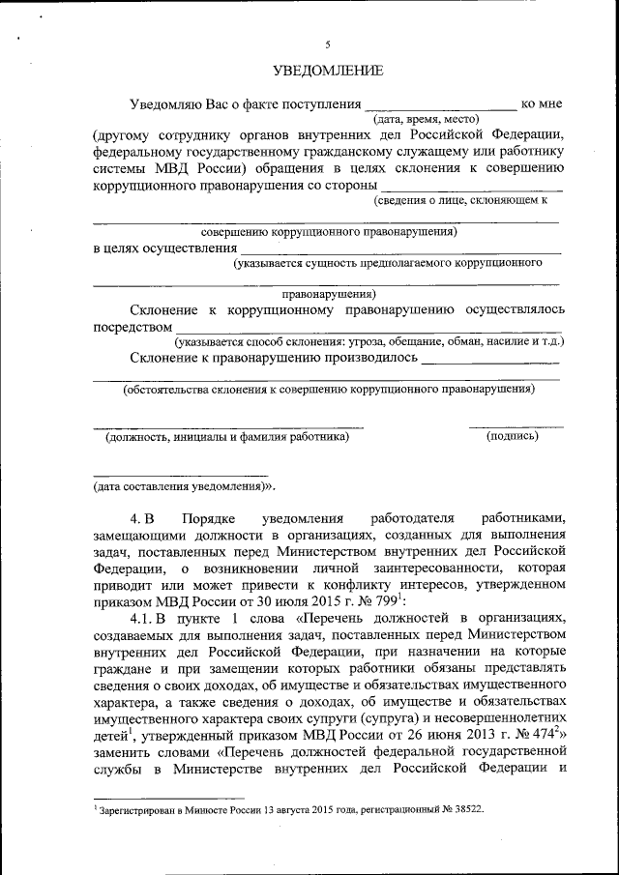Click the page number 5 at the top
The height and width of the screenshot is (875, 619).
(x=328, y=44)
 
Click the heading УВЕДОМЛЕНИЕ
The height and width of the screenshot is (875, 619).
(x=328, y=71)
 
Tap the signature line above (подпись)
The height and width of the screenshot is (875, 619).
(x=516, y=425)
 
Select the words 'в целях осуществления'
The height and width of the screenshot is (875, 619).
(x=165, y=248)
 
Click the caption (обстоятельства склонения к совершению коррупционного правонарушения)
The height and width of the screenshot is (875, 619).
(x=328, y=391)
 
